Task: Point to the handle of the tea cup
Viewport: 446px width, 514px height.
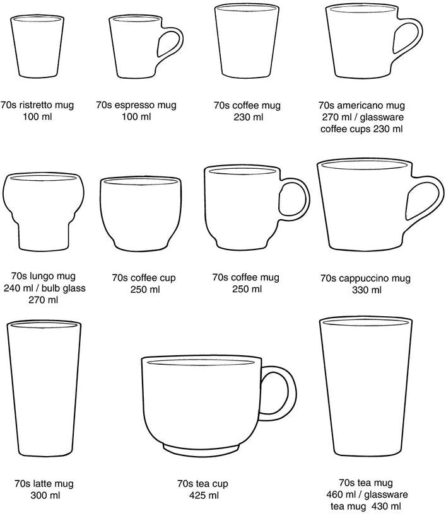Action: [x=291, y=393]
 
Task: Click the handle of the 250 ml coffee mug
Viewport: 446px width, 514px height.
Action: [x=306, y=199]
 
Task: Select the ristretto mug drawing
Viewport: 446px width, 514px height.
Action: [x=37, y=46]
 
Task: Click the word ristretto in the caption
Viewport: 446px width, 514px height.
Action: [x=36, y=105]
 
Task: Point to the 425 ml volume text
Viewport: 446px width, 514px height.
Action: [x=204, y=495]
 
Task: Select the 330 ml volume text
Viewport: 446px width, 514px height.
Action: [x=367, y=290]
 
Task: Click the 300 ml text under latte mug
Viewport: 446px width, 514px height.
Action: [x=45, y=495]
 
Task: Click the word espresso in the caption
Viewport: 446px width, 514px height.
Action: [x=134, y=106]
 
